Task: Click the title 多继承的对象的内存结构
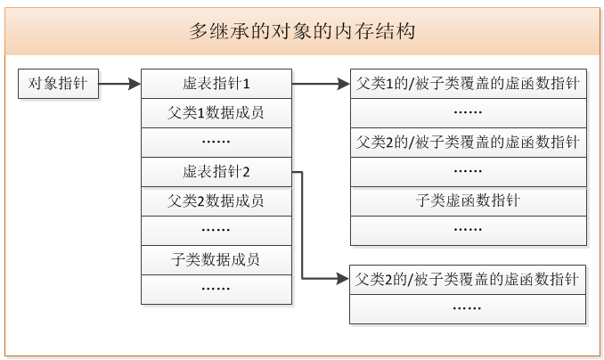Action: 303,31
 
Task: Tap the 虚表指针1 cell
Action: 216,84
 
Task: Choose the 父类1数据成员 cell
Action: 216,113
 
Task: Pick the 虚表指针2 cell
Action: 216,171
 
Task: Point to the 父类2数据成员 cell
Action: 216,200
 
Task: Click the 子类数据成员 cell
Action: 216,259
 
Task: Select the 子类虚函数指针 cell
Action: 468,200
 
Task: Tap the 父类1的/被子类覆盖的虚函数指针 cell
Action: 468,84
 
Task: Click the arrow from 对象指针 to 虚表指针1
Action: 118,85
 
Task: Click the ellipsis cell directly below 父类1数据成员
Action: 216,143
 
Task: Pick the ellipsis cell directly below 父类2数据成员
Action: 216,230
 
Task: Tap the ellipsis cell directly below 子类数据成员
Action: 216,289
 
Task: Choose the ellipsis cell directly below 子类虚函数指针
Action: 468,230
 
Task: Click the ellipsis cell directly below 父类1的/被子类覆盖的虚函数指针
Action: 468,113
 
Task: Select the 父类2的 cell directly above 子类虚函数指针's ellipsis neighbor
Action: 468,143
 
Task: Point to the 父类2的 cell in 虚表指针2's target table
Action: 468,279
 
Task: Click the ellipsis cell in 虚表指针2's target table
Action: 468,308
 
